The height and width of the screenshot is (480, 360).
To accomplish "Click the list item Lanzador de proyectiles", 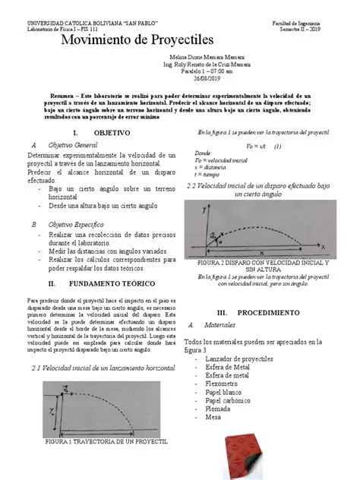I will point(239,358).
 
